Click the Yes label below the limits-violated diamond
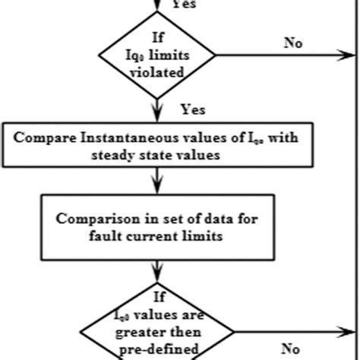(x=194, y=109)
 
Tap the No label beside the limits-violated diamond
(x=293, y=43)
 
